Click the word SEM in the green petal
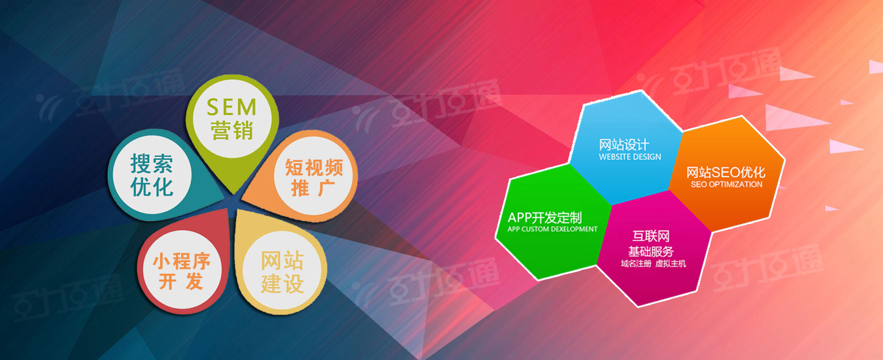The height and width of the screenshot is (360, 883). point(232,107)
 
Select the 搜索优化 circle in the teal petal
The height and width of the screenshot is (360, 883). point(152,175)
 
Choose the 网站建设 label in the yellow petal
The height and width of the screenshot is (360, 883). point(282,272)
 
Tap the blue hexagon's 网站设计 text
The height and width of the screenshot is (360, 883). point(624,144)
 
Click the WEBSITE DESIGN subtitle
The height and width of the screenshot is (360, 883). point(629,157)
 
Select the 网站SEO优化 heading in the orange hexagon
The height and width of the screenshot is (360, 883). point(726,172)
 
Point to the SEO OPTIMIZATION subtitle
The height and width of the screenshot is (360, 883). point(726,185)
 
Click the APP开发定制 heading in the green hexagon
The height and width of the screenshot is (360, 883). point(545,217)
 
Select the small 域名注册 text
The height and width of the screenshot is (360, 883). point(636,264)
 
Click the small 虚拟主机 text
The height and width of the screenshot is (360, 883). point(671,264)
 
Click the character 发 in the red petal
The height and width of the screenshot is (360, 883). point(195,281)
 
